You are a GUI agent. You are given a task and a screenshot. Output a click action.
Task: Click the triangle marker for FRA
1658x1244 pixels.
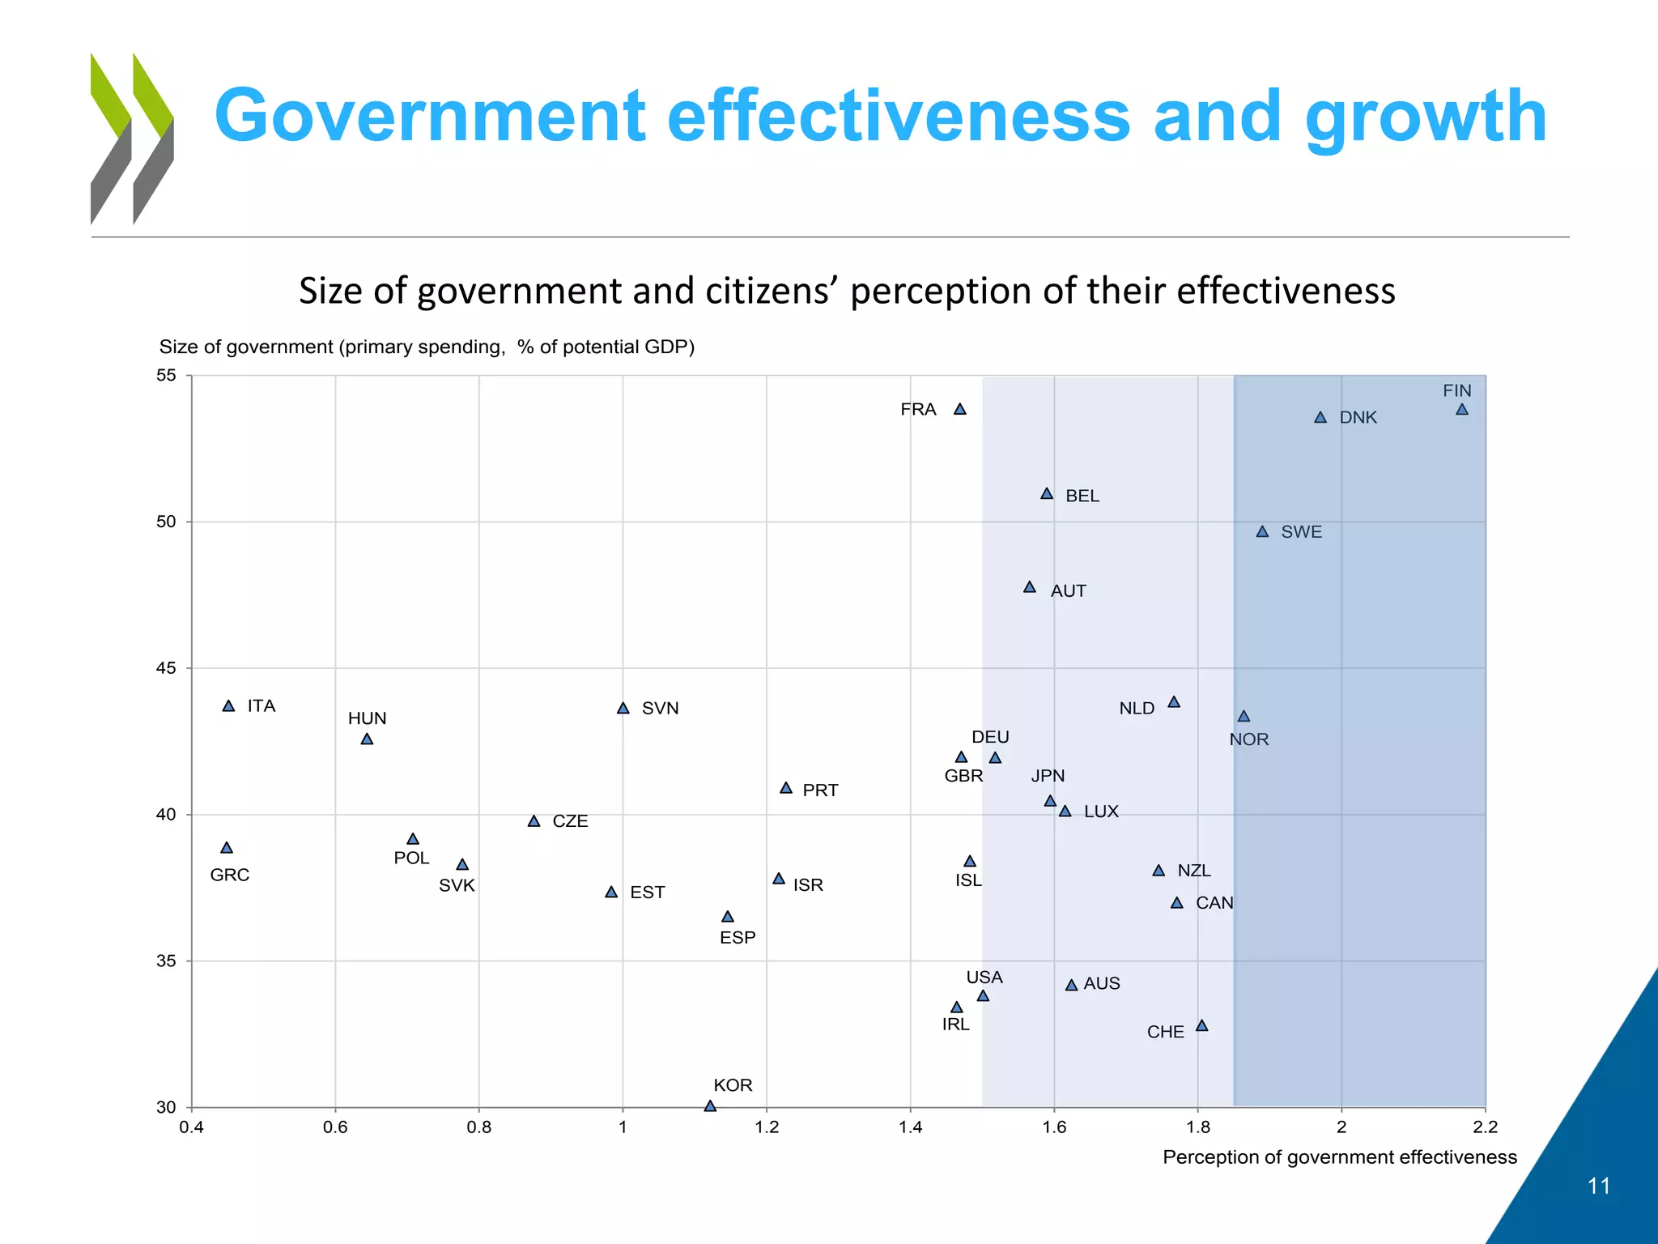[959, 410]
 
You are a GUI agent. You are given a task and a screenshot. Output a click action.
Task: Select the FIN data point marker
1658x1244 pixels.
[1461, 410]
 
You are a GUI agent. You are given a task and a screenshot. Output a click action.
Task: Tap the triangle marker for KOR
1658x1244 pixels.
[710, 1106]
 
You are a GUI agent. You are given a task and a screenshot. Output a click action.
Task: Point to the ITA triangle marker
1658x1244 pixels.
[228, 706]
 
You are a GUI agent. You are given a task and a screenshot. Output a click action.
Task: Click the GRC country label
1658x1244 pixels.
[230, 875]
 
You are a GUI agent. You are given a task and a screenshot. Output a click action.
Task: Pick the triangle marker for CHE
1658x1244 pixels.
[1201, 1026]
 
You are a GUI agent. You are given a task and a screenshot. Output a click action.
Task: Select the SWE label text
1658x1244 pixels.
[1301, 532]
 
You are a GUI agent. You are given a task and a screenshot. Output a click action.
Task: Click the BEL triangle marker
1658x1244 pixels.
[1046, 494]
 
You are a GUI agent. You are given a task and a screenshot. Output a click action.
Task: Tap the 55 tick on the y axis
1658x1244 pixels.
[166, 375]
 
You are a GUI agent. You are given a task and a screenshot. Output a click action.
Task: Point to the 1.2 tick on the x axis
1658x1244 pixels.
[766, 1127]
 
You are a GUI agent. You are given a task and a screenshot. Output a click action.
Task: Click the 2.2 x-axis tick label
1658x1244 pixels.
[1485, 1127]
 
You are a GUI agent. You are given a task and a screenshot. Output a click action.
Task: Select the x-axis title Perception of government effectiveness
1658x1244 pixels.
[1339, 1157]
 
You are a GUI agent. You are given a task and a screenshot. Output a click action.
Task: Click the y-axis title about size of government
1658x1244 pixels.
[427, 347]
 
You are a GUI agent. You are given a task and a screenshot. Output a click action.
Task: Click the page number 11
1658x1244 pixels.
[1598, 1186]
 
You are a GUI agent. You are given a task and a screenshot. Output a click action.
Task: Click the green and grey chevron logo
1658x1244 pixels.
[132, 138]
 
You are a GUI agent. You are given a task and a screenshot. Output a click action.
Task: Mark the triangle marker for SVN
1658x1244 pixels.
[623, 709]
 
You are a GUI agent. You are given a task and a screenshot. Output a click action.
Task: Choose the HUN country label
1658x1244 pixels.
[367, 718]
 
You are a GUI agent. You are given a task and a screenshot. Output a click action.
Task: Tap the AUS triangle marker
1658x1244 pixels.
[1071, 986]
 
